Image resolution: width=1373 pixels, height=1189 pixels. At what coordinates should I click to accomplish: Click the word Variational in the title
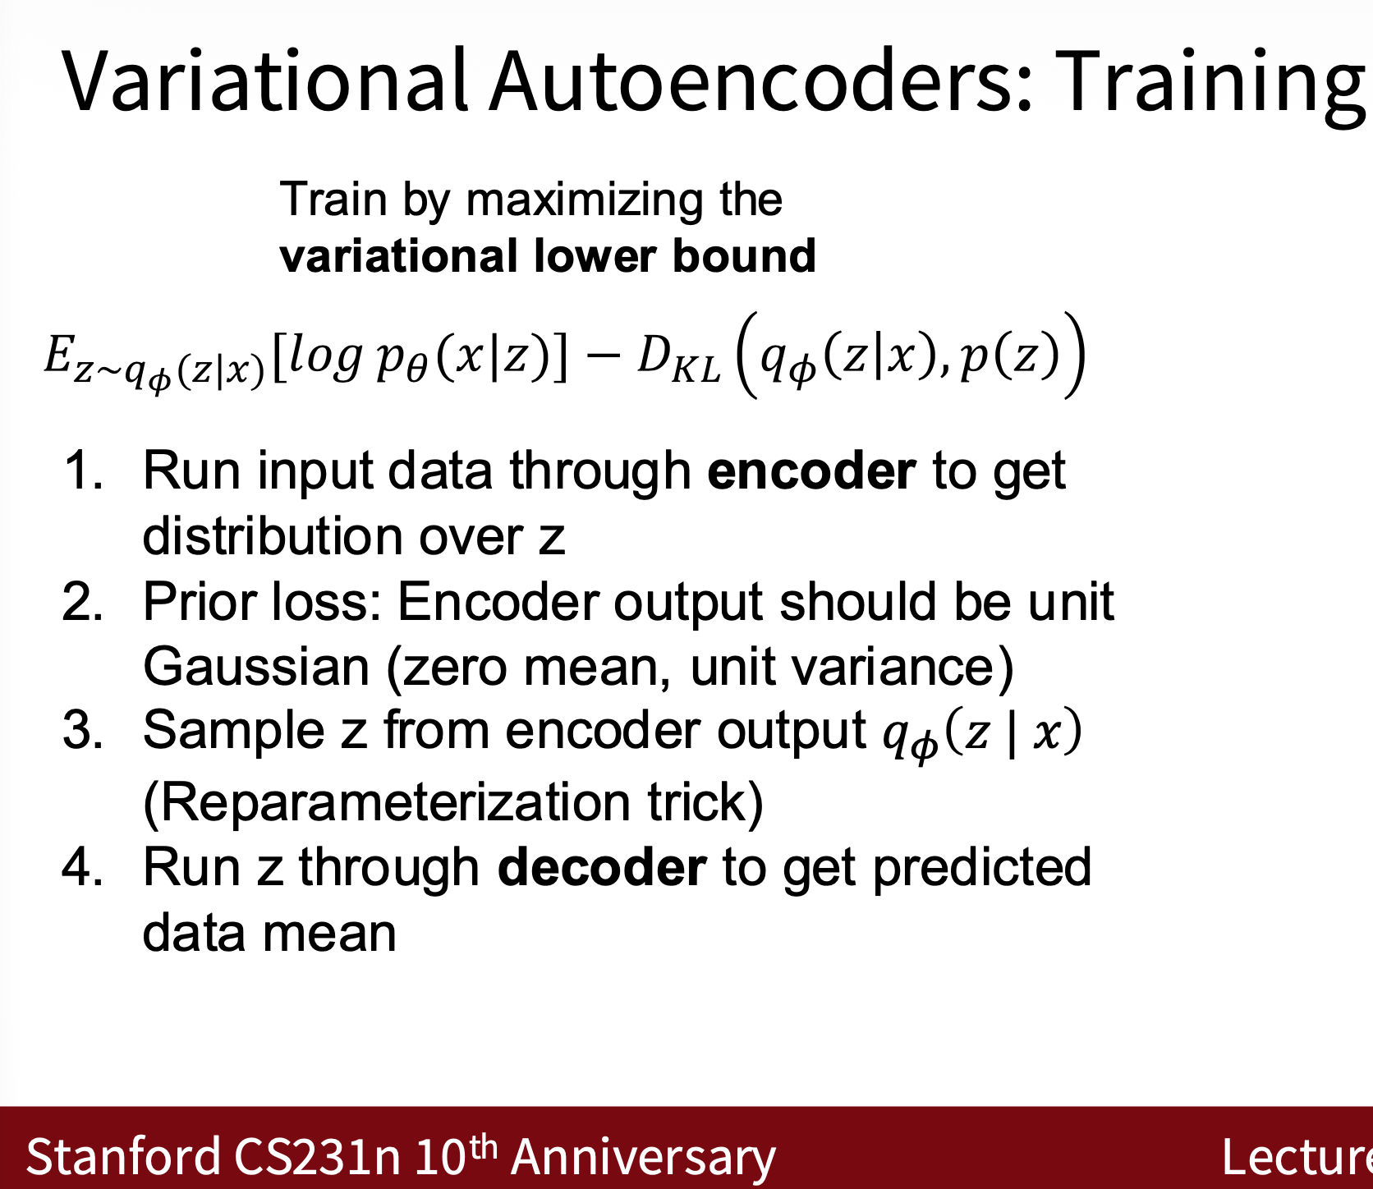(264, 80)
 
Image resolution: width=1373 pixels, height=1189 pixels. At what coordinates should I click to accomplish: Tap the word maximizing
(584, 201)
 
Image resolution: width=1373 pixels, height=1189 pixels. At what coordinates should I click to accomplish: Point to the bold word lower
(595, 255)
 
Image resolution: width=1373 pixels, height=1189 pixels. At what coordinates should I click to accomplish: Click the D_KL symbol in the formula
(678, 359)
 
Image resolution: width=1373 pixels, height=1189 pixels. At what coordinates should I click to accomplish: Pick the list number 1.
(83, 471)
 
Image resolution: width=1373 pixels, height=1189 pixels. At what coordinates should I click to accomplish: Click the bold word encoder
(811, 471)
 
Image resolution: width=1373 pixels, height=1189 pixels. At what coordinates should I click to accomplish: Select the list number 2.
(83, 601)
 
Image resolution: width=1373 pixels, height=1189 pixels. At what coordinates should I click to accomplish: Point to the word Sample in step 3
(234, 731)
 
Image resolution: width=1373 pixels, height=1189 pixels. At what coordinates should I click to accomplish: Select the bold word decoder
(602, 868)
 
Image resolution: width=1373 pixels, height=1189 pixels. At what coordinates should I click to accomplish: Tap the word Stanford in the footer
(123, 1156)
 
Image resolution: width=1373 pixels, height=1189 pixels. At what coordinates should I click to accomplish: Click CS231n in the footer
(317, 1156)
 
